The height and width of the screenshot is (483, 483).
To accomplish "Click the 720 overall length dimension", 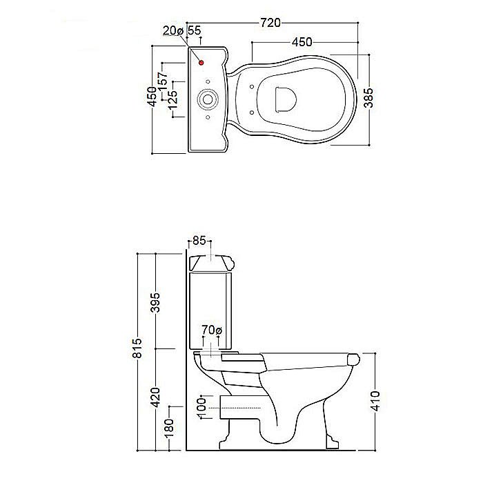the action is (270, 23).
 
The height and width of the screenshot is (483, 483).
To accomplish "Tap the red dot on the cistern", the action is (201, 63).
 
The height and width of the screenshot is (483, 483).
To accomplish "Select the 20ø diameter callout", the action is (173, 30).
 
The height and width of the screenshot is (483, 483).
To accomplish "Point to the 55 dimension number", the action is (194, 30).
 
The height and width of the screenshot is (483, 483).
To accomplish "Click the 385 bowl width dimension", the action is (368, 98).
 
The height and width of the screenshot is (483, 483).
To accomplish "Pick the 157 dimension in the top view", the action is (163, 81).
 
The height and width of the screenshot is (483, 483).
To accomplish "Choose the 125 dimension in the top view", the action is (172, 100).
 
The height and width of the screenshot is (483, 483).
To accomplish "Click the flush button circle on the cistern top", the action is (208, 99).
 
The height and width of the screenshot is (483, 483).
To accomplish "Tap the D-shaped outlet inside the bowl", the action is (285, 99).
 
